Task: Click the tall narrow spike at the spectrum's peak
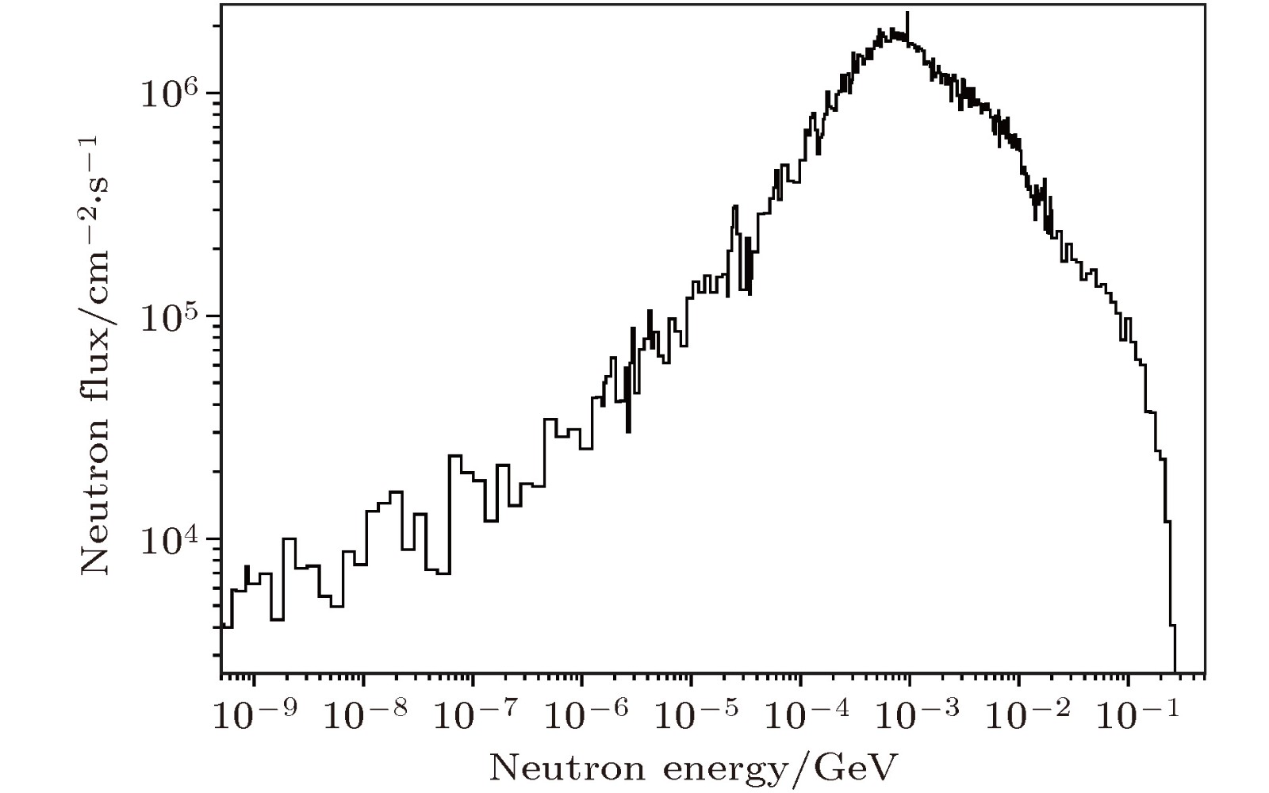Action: pyautogui.click(x=907, y=19)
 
